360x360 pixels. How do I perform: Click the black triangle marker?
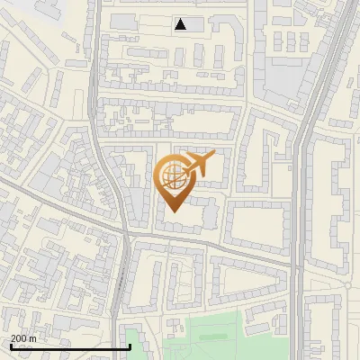[181, 24]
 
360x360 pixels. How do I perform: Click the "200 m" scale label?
[23, 337]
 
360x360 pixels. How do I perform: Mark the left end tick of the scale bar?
[10, 346]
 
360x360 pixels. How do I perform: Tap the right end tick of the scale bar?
[130, 346]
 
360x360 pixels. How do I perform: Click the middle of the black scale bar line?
[69, 347]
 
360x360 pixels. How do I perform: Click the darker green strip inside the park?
[213, 337]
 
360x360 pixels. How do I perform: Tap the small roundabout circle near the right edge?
[348, 285]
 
